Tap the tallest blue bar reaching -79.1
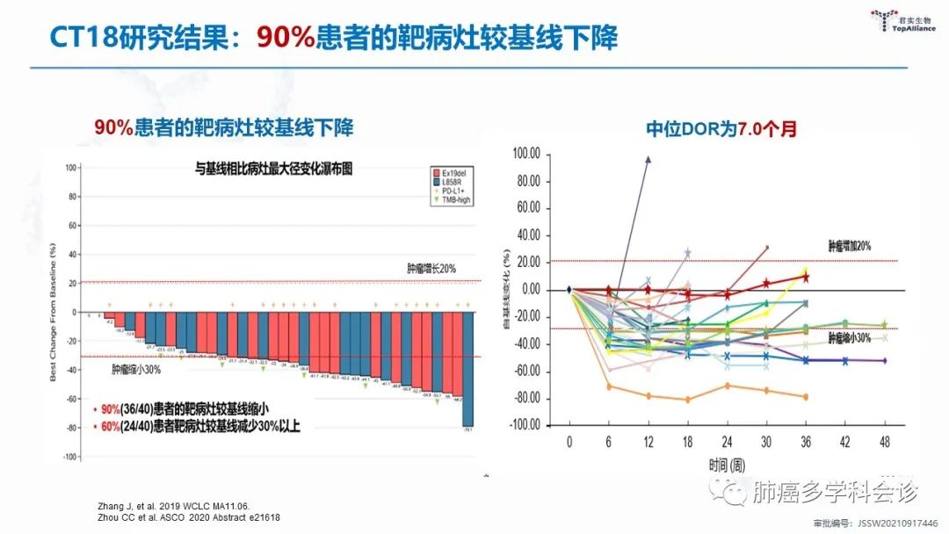click(x=468, y=369)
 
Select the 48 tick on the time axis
click(x=884, y=441)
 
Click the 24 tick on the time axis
click(x=727, y=441)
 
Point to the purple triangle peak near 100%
click(x=648, y=160)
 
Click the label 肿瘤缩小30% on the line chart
click(x=850, y=337)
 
